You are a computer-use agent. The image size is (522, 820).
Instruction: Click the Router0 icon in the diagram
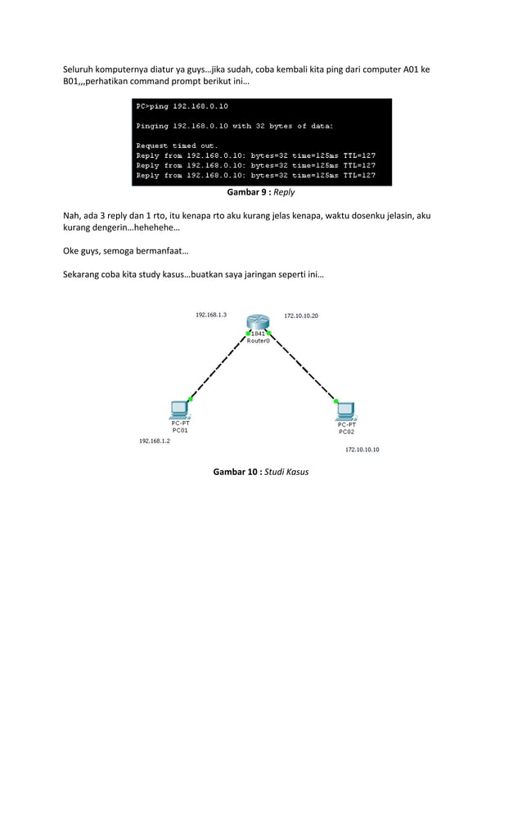click(258, 325)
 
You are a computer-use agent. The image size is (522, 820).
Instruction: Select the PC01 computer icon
click(179, 410)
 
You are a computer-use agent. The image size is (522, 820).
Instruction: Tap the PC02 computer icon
click(346, 410)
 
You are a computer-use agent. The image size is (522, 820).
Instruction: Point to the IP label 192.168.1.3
click(211, 315)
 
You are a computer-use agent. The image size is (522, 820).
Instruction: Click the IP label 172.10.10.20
click(301, 316)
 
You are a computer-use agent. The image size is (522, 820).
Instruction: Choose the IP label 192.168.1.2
click(155, 441)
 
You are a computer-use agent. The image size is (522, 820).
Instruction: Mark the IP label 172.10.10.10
click(362, 450)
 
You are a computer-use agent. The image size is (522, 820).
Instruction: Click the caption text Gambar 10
click(236, 472)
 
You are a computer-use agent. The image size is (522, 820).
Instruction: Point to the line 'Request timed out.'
click(177, 146)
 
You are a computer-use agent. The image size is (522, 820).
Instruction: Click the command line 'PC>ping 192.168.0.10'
click(182, 106)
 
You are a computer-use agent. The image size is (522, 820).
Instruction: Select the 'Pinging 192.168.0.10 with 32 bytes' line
click(234, 126)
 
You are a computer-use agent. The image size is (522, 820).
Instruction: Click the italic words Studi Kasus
click(286, 472)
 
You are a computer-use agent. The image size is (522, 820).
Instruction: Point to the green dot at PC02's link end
click(336, 400)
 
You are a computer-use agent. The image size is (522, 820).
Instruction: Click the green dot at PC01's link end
click(190, 399)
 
